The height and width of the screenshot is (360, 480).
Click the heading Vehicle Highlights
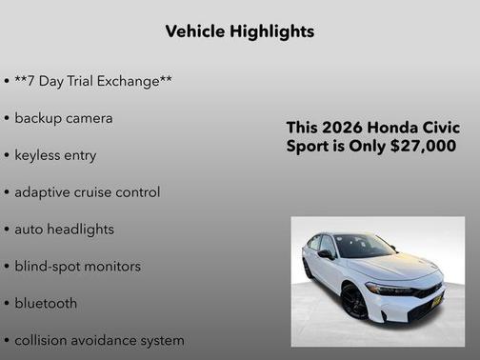239,31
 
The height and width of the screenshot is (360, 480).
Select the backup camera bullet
63,118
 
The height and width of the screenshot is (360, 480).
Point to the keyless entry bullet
55,154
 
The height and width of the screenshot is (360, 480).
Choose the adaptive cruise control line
87,191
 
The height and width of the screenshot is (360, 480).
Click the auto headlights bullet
64,229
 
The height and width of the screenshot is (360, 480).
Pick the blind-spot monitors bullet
77,266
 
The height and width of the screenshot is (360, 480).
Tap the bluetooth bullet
46,303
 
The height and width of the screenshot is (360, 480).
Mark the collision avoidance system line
99,340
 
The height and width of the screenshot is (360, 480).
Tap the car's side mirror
326,254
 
